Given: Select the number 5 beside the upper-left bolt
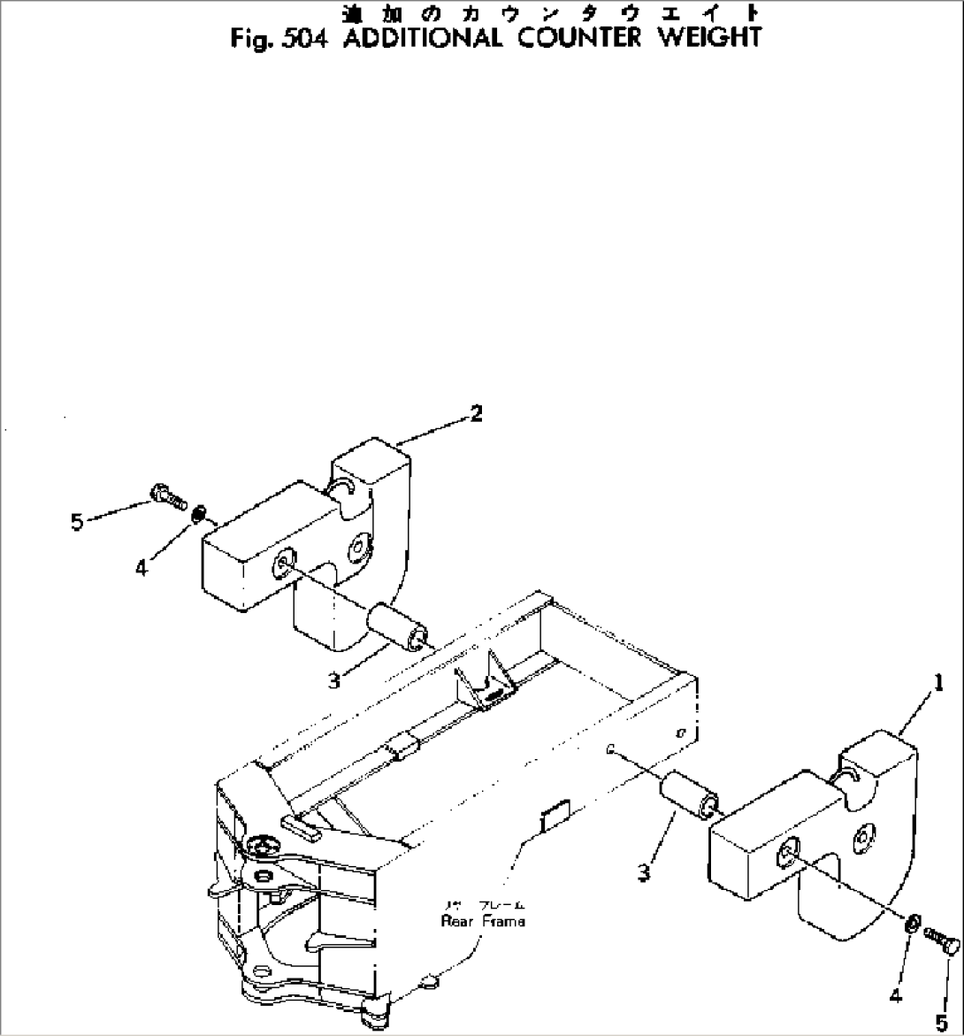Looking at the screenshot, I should click(x=78, y=522).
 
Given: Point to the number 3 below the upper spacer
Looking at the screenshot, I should click(x=333, y=680).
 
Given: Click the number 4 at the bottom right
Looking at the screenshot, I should click(x=895, y=997).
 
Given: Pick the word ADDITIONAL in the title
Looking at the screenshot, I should click(x=421, y=39).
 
